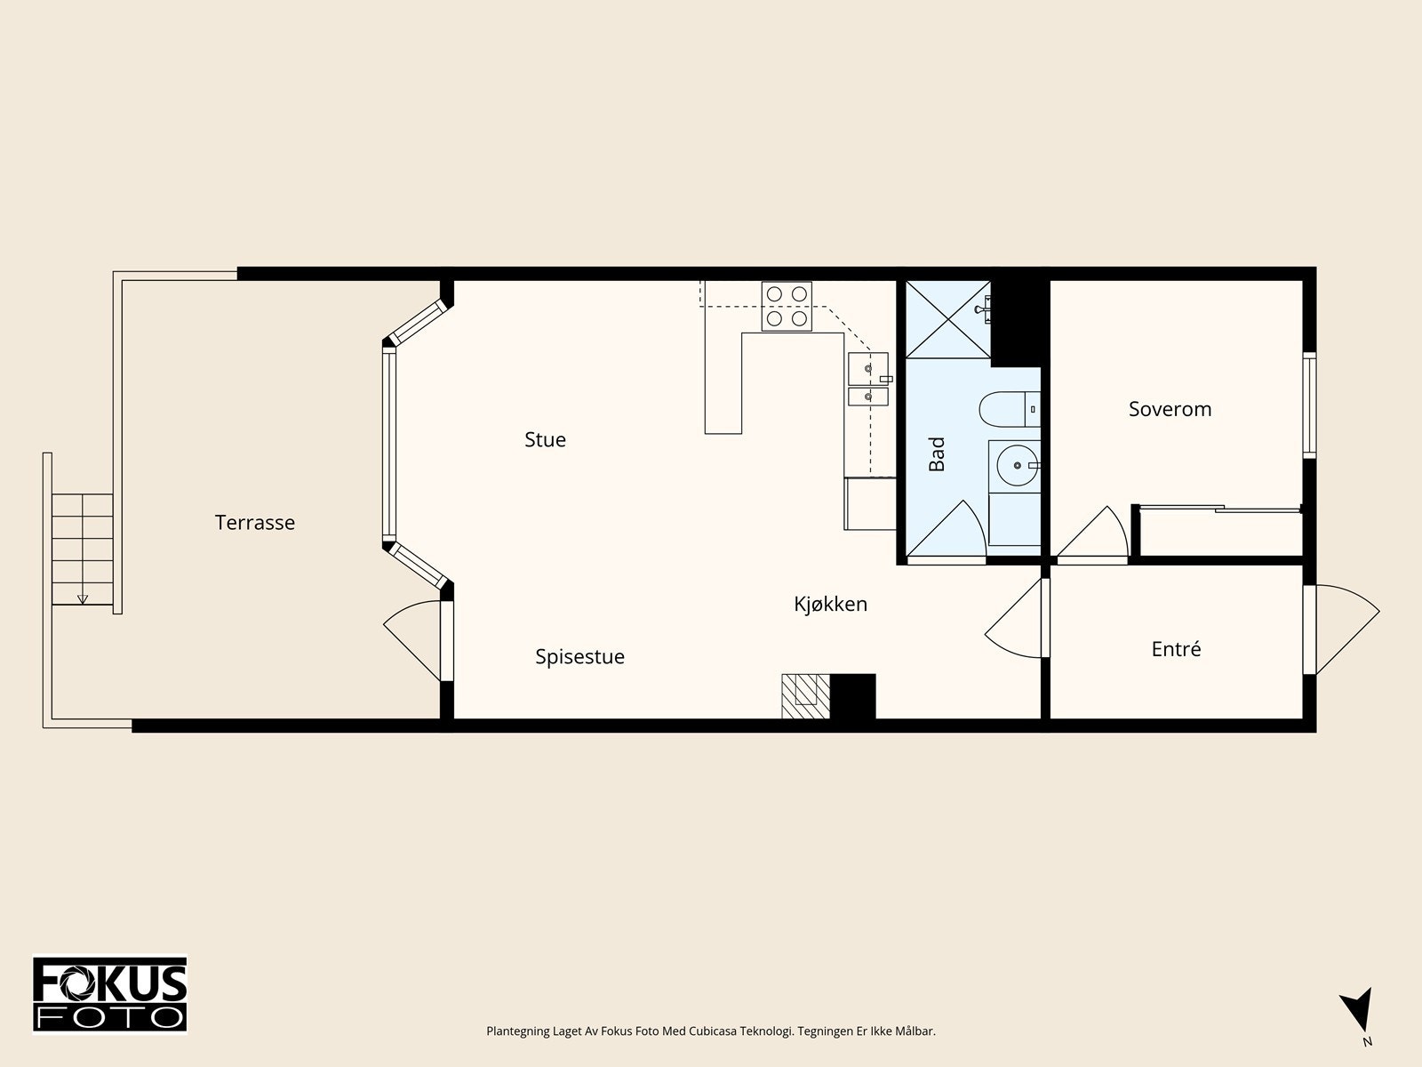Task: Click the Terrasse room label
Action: (x=254, y=522)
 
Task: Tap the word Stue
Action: (x=545, y=440)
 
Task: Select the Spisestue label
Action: (x=579, y=657)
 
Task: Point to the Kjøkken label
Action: (x=830, y=604)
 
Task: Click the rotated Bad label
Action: (x=937, y=453)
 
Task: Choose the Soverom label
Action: (x=1170, y=409)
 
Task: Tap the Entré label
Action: (x=1176, y=648)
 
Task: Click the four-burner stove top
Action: (x=787, y=307)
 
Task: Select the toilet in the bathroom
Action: (x=1010, y=409)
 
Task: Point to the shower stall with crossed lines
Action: (x=947, y=319)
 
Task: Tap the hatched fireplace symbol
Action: (x=806, y=696)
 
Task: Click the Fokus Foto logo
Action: (x=109, y=994)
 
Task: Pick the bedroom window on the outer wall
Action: (x=1309, y=405)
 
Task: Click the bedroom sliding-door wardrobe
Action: (x=1220, y=531)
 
